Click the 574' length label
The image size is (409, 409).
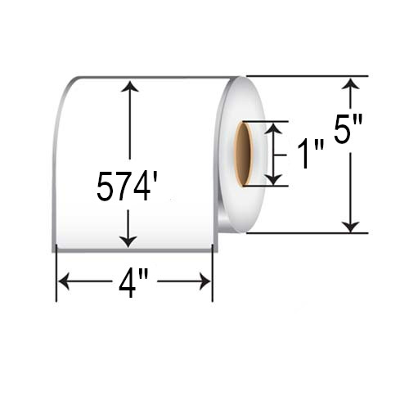[x=127, y=187]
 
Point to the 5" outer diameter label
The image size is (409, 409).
[x=348, y=128]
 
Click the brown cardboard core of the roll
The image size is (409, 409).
[x=243, y=154]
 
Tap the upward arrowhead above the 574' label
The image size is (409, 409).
[x=129, y=86]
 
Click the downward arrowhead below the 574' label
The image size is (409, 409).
[x=128, y=241]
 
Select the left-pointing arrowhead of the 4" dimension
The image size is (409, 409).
[x=64, y=281]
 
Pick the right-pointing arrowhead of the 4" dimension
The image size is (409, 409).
[x=205, y=281]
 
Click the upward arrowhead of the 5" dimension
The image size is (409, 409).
[x=351, y=83]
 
